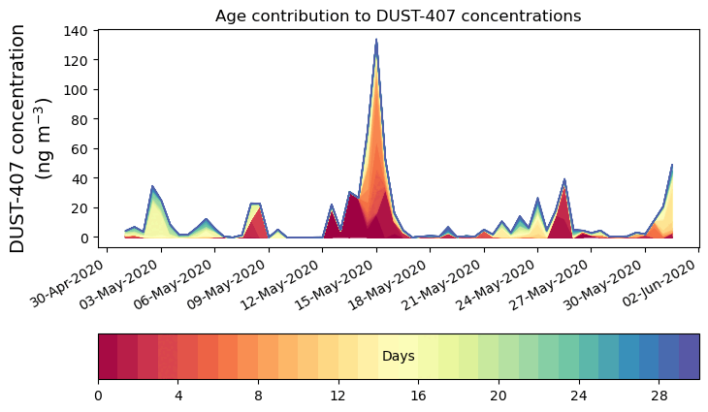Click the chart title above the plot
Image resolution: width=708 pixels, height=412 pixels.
[398, 16]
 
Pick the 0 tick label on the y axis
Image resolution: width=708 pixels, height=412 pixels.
[86, 238]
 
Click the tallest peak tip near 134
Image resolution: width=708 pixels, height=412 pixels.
[376, 41]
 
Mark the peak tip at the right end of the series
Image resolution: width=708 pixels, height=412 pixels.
[672, 166]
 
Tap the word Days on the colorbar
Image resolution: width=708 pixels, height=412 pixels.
[398, 357]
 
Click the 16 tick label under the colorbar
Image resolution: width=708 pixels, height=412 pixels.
[418, 396]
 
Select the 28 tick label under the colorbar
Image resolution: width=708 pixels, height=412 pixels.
[659, 396]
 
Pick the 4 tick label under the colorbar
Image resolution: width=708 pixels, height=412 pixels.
[177, 396]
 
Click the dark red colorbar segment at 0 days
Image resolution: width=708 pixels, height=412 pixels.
[108, 356]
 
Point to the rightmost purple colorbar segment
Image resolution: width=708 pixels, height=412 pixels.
[689, 356]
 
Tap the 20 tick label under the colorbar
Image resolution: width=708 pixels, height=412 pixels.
[499, 396]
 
